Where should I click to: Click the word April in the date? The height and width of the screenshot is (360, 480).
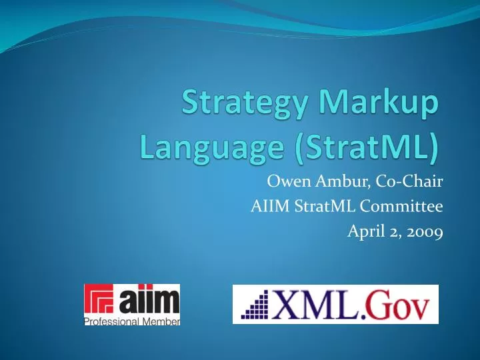pos(365,232)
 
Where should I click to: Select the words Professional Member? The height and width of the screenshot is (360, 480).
pos(132,321)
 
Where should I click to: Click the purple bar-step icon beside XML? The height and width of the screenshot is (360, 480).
pos(256,305)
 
